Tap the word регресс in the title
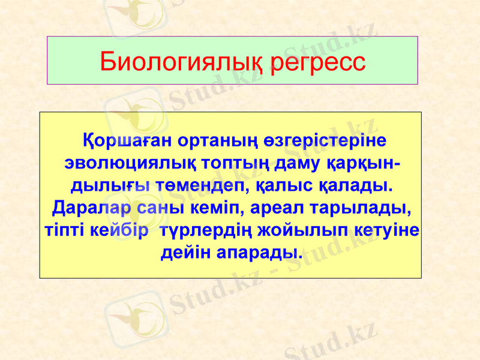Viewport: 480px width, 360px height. pos(318,62)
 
